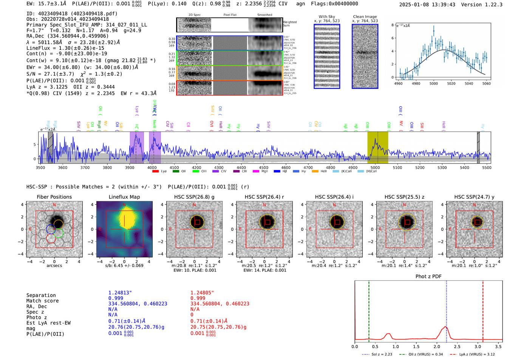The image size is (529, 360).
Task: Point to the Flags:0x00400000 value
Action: click(334, 4)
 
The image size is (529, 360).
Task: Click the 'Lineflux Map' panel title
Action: click(124, 197)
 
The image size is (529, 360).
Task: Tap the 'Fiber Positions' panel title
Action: click(54, 197)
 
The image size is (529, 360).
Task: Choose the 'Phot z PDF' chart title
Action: click(428, 276)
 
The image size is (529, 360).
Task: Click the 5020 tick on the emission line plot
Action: click(451, 83)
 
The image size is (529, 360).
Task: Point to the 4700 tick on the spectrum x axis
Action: click(308, 168)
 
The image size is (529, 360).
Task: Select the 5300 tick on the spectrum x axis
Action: click(442, 168)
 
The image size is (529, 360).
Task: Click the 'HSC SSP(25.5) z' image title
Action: click(404, 197)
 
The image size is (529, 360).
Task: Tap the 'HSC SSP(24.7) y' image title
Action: click(474, 197)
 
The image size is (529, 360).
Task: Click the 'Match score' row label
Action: click(42, 301)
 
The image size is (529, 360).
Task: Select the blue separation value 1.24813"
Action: click(120, 293)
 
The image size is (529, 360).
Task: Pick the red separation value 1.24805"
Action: click(202, 293)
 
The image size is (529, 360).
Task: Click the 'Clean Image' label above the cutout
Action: click(365, 17)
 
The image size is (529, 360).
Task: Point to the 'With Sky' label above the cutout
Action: click(326, 17)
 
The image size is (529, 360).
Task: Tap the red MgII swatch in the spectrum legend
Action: click(255, 171)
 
